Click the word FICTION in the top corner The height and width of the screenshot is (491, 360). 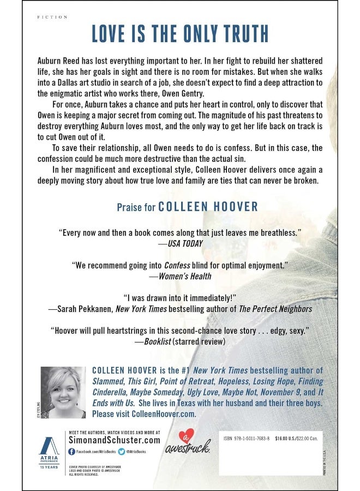(52, 17)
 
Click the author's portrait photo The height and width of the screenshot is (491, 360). (63, 392)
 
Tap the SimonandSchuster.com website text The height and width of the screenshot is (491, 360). (113, 440)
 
